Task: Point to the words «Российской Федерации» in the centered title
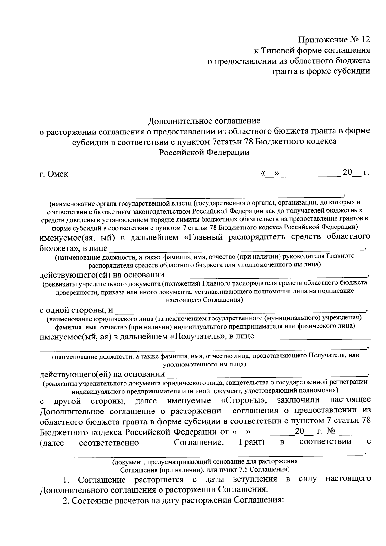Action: click(204, 152)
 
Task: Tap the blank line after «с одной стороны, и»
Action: click(240, 311)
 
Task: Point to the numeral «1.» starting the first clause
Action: click(67, 480)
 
